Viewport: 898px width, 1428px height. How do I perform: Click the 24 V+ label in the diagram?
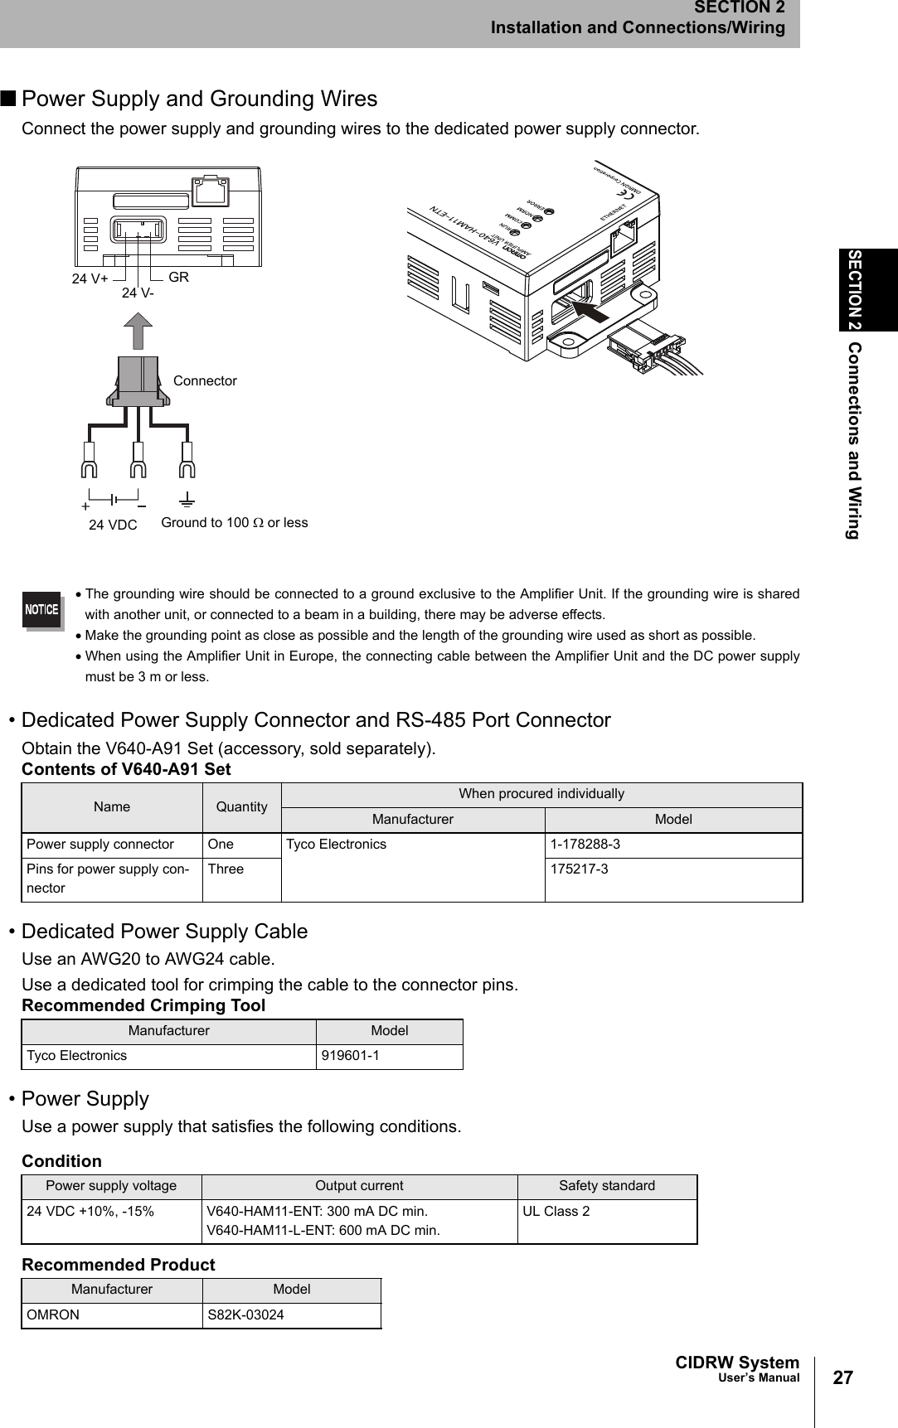pyautogui.click(x=90, y=279)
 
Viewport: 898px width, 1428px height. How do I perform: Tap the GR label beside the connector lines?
pyautogui.click(x=179, y=277)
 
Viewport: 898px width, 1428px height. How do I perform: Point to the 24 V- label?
pyautogui.click(x=138, y=293)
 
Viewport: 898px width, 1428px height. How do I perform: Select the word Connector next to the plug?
pyautogui.click(x=205, y=381)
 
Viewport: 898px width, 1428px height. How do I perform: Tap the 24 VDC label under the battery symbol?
pyautogui.click(x=113, y=525)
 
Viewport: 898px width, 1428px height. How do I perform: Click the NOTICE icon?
pyautogui.click(x=41, y=610)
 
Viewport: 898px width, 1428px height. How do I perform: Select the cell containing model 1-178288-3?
pyautogui.click(x=585, y=845)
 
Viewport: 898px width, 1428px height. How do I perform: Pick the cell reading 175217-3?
pyautogui.click(x=578, y=869)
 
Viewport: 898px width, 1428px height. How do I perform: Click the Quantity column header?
pyautogui.click(x=242, y=807)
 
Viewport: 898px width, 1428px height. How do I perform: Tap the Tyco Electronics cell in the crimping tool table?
pyautogui.click(x=77, y=1056)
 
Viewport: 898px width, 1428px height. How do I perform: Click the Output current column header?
pyautogui.click(x=359, y=1186)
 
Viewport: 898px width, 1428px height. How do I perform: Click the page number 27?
pyautogui.click(x=842, y=1378)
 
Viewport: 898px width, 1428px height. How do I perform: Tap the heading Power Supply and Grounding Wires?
pyautogui.click(x=199, y=99)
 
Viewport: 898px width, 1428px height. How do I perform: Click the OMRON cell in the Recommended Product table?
pyautogui.click(x=54, y=1315)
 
